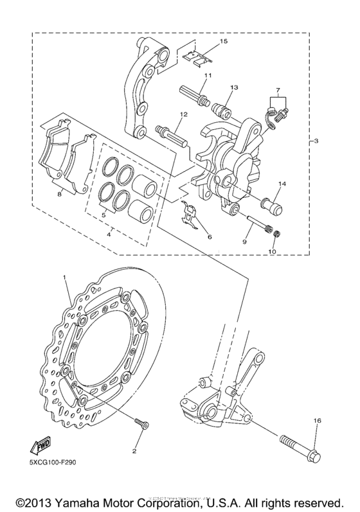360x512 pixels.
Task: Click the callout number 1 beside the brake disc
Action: pos(64,277)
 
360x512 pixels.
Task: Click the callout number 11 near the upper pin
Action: pos(207,76)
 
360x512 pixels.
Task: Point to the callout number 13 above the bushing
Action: pos(233,87)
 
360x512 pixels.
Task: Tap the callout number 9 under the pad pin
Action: pos(245,242)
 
